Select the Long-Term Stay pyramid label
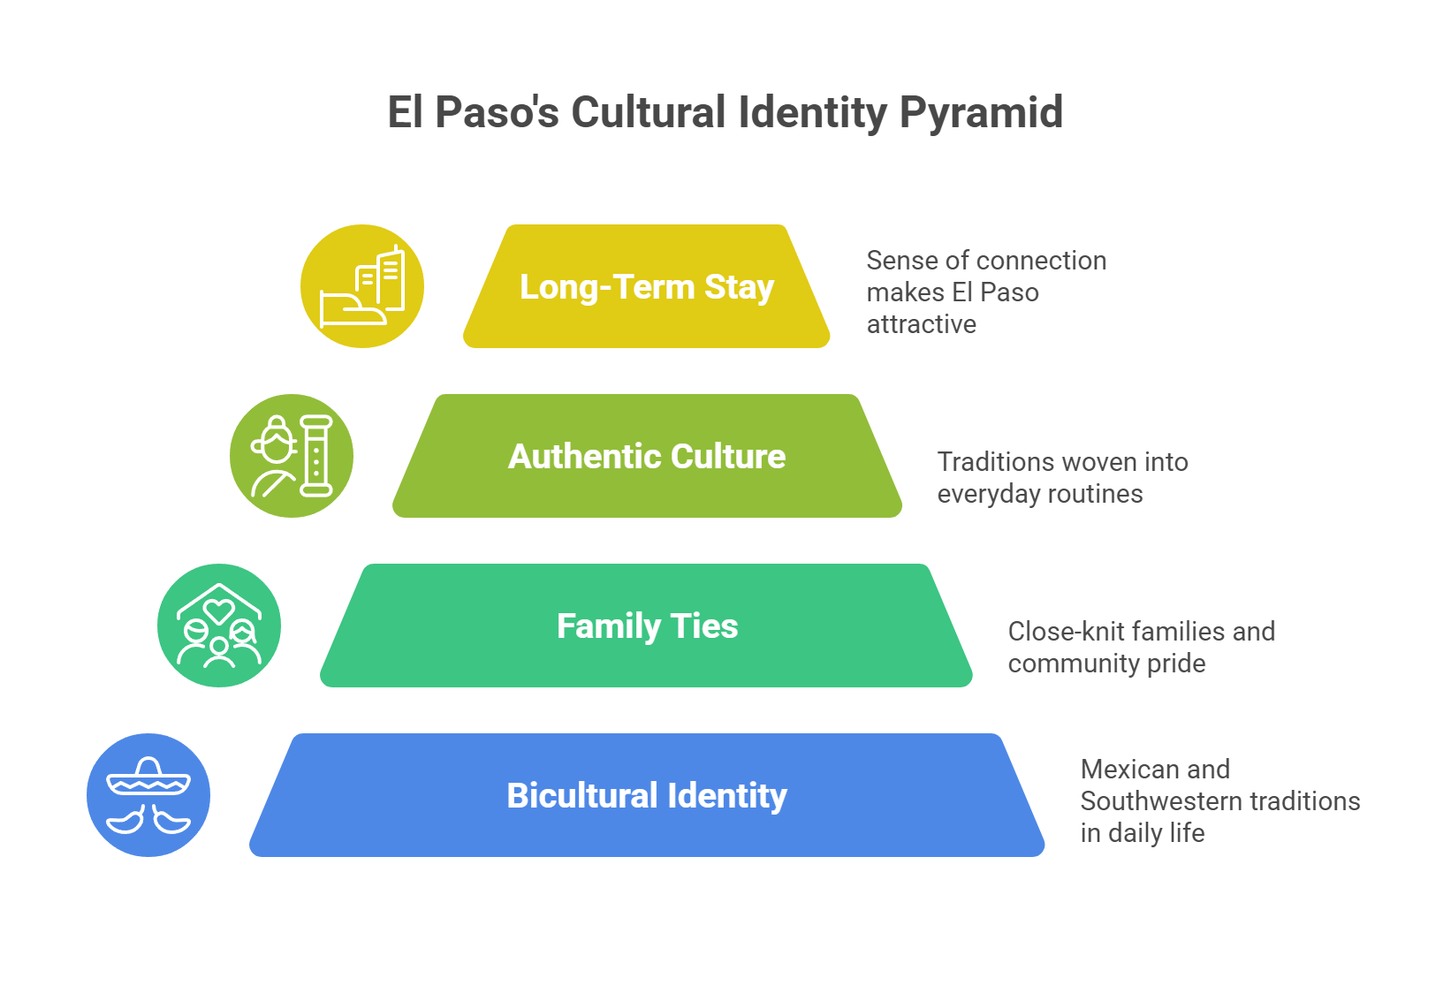[x=647, y=287]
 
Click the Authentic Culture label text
[x=647, y=457]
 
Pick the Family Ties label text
[x=647, y=626]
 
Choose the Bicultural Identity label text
[x=647, y=796]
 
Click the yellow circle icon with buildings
[x=362, y=286]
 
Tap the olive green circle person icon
[x=292, y=456]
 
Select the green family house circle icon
[x=219, y=626]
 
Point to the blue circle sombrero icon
[x=148, y=795]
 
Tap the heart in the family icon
[x=218, y=610]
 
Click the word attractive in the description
[x=921, y=324]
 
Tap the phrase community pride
[x=1106, y=664]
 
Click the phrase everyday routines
[x=1039, y=494]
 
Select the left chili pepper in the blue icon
[x=126, y=820]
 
